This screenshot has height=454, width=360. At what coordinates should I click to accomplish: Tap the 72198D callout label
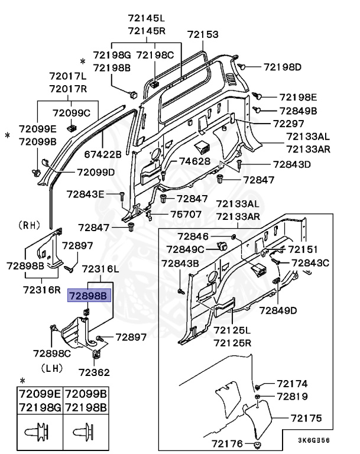coord(282,67)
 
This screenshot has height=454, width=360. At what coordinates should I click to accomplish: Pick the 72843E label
coord(85,194)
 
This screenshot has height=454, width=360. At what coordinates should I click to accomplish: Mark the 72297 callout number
coord(288,124)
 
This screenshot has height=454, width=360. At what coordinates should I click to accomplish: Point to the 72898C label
coord(52,353)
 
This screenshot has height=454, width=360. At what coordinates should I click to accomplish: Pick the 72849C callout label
coord(185,249)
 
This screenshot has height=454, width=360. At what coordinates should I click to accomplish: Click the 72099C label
coord(71,113)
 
